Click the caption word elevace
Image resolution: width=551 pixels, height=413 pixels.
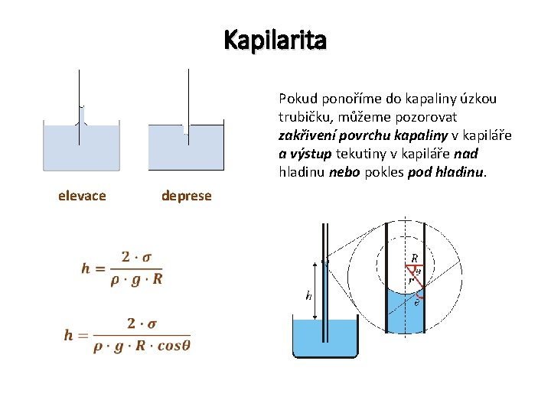click(82, 196)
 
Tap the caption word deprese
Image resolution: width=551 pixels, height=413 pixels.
click(186, 196)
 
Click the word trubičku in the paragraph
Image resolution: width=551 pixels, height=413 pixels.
click(304, 117)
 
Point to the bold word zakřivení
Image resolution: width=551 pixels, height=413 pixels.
click(305, 135)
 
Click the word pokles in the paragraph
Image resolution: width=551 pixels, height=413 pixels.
click(386, 172)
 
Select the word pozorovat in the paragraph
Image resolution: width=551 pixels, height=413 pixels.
click(429, 117)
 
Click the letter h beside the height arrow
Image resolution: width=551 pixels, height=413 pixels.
click(308, 296)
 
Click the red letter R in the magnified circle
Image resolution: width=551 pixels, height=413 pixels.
click(414, 259)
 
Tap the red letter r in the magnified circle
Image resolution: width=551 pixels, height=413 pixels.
click(410, 281)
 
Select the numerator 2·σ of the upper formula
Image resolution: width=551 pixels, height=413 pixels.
click(136, 257)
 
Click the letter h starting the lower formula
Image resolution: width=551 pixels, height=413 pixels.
click(70, 335)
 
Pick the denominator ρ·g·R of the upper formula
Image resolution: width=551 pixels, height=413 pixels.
click(136, 278)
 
